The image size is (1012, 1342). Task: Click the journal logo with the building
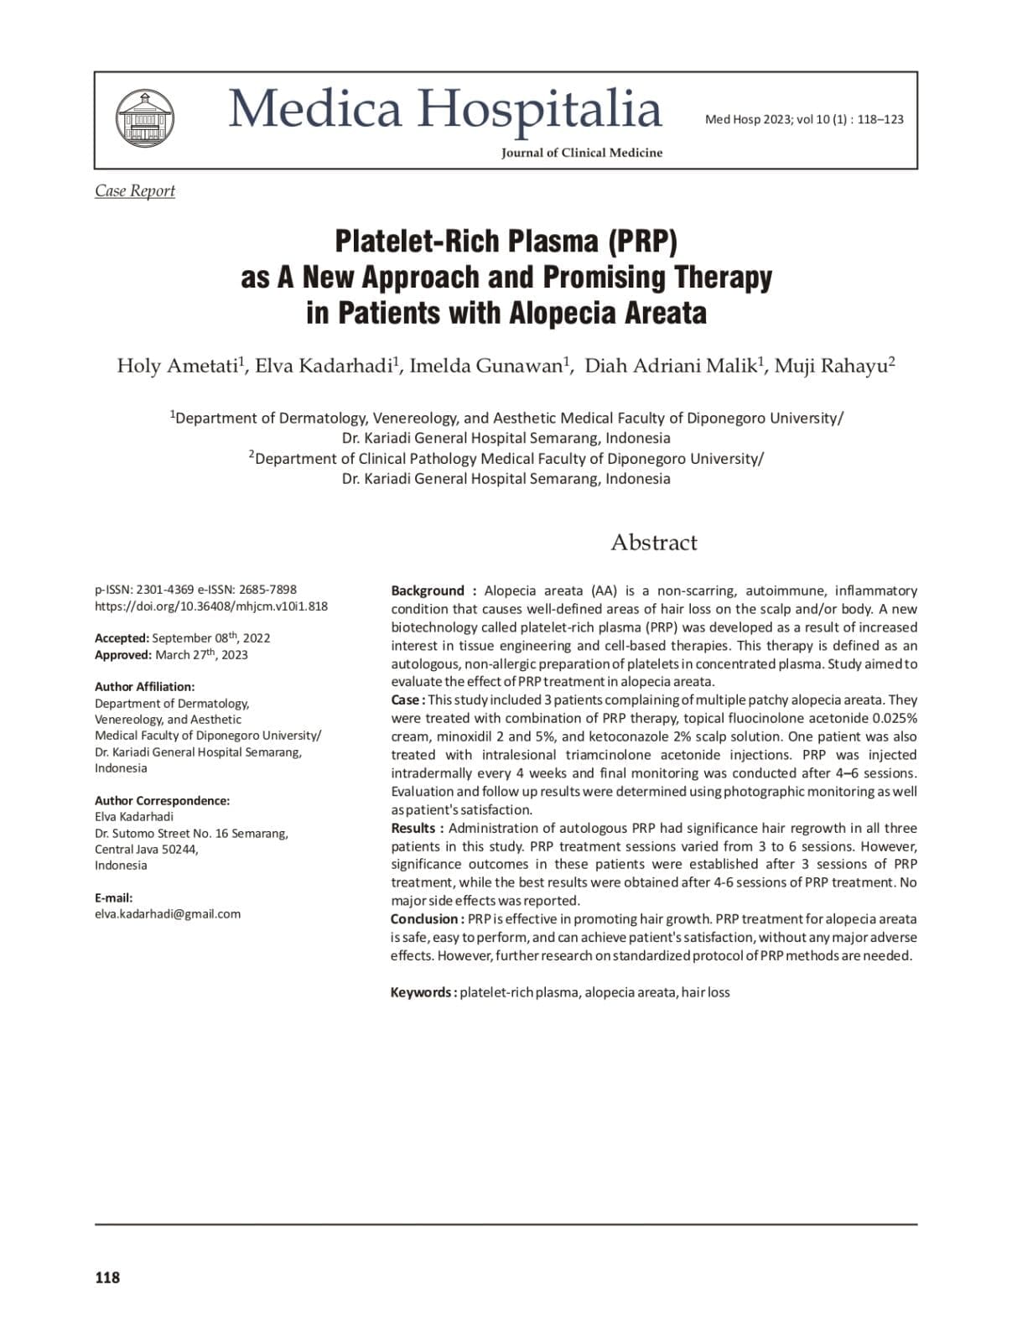click(x=145, y=119)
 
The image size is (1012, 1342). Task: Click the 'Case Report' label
click(x=135, y=190)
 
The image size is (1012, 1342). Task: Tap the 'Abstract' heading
click(x=653, y=542)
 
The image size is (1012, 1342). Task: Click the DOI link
click(x=211, y=606)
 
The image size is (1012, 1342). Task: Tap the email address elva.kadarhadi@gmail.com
click(x=168, y=913)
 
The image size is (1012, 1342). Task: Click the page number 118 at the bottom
click(x=107, y=1277)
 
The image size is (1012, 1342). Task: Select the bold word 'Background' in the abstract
click(x=428, y=590)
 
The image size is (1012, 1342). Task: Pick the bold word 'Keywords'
click(x=421, y=992)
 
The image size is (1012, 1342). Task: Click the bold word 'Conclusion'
click(x=425, y=918)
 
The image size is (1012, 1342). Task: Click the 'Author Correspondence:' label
click(x=162, y=800)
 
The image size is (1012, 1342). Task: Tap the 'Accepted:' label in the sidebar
click(x=122, y=637)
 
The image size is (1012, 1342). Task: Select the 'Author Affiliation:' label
click(x=144, y=686)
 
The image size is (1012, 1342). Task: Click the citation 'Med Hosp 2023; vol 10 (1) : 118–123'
click(x=804, y=119)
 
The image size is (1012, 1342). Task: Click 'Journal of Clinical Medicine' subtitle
click(x=582, y=153)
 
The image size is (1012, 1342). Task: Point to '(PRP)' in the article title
click(x=642, y=241)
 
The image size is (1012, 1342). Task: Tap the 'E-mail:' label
click(x=113, y=897)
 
